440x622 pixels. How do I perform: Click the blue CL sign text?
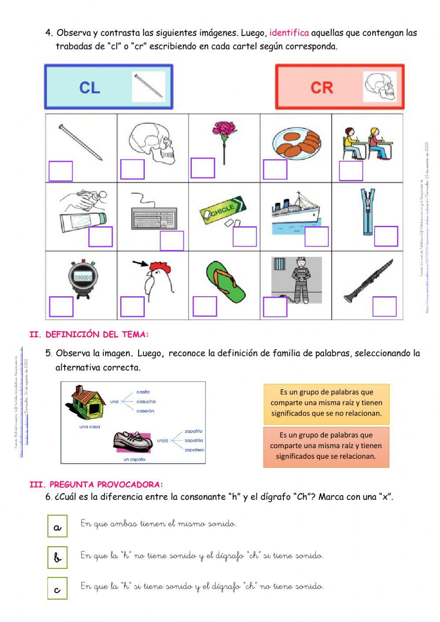tap(90, 87)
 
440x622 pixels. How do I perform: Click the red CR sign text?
tap(322, 88)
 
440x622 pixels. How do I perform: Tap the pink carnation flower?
tap(224, 132)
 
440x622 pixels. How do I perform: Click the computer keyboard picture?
tap(154, 216)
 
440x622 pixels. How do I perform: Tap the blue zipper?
tap(367, 212)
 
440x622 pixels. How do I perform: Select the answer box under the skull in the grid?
tap(132, 169)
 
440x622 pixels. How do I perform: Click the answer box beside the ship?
tap(317, 237)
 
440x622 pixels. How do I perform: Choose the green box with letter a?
tap(58, 526)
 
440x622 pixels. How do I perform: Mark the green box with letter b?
tap(58, 557)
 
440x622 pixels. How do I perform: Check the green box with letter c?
tap(58, 589)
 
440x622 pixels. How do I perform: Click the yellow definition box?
tap(326, 403)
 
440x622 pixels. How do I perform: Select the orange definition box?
tap(326, 446)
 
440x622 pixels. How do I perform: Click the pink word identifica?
tap(289, 33)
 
